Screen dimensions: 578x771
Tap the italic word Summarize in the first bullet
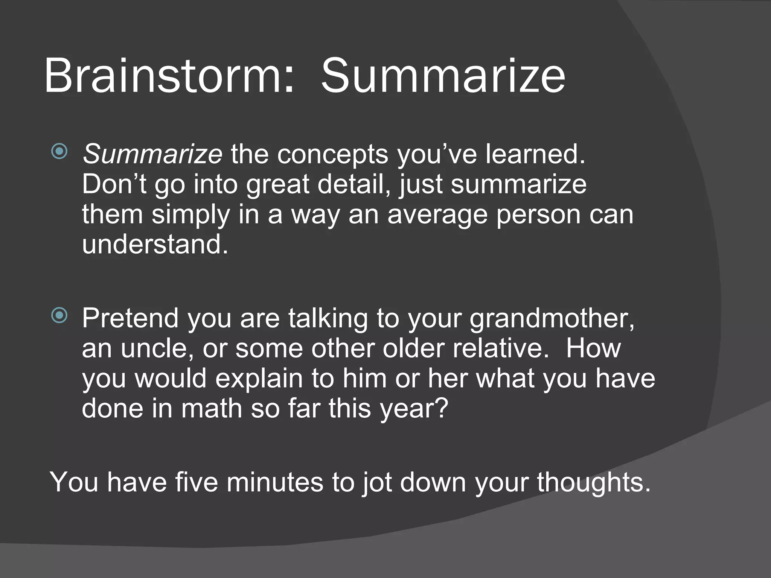pos(152,154)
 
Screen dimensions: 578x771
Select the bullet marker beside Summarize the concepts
pos(59,152)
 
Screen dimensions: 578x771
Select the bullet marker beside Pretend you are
pos(59,315)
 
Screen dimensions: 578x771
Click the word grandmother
pos(552,318)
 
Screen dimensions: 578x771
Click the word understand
pos(154,245)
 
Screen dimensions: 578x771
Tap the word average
pos(437,215)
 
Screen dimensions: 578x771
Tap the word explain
pos(259,379)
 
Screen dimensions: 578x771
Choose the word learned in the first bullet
pos(535,154)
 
